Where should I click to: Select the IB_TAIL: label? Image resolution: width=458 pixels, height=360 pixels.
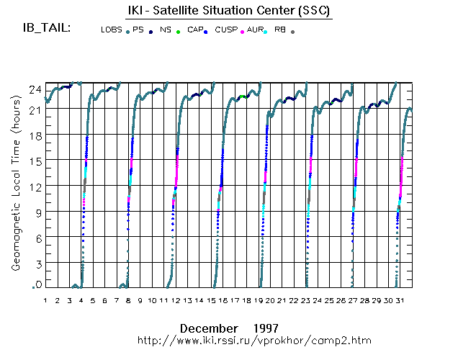click(46, 30)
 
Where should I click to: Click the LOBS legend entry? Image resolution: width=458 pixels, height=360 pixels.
click(112, 30)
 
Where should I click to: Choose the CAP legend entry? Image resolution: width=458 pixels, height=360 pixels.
click(195, 30)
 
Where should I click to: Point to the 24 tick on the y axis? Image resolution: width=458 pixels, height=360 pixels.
click(34, 89)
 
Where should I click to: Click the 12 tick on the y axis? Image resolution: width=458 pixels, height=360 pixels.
click(34, 186)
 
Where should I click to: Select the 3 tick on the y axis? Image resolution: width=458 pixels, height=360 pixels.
click(36, 264)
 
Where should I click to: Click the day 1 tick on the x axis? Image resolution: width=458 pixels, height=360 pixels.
click(45, 300)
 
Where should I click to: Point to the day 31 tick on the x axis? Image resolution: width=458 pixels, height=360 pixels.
click(400, 300)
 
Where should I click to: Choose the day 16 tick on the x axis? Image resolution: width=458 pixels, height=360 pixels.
click(223, 300)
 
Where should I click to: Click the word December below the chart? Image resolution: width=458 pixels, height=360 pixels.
click(208, 326)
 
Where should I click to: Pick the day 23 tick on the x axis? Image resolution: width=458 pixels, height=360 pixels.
click(305, 300)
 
